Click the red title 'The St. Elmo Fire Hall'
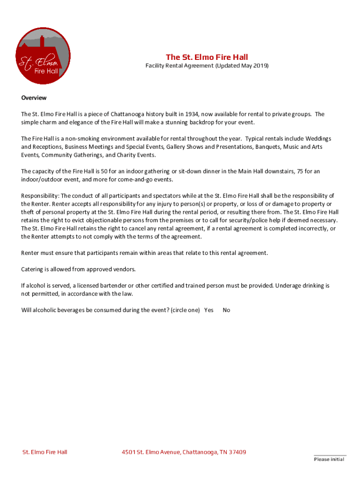tap(207, 57)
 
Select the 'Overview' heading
tap(34, 98)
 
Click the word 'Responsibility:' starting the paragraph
tap(40, 196)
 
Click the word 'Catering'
tap(32, 269)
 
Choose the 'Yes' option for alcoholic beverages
tap(209, 310)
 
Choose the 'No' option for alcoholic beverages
tap(226, 310)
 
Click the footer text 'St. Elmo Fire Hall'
tap(45, 452)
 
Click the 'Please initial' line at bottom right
tap(329, 459)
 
